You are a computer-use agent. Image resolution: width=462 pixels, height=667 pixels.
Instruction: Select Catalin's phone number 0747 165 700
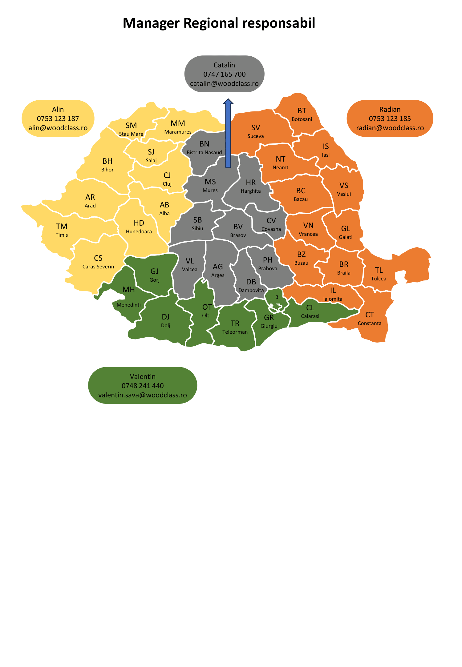pyautogui.click(x=225, y=74)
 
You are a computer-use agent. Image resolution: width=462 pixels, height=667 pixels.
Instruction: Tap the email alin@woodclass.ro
pyautogui.click(x=58, y=128)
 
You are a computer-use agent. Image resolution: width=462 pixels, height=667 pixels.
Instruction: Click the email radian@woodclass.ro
pyautogui.click(x=390, y=128)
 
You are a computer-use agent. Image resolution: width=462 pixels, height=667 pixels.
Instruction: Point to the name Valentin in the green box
pyautogui.click(x=143, y=376)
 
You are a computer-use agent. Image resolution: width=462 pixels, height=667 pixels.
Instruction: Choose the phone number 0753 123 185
pyautogui.click(x=390, y=119)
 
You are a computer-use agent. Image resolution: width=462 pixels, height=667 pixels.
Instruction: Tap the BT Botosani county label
pyautogui.click(x=302, y=114)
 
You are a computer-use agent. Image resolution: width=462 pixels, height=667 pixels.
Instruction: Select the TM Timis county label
pyautogui.click(x=62, y=230)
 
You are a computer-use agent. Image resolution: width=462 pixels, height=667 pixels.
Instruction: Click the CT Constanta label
pyautogui.click(x=370, y=318)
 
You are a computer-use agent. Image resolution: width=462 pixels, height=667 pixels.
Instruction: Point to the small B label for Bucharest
pyautogui.click(x=277, y=297)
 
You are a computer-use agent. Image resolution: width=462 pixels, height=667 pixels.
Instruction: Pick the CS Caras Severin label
pyautogui.click(x=98, y=262)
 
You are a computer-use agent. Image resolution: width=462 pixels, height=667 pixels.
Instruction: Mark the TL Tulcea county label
pyautogui.click(x=379, y=274)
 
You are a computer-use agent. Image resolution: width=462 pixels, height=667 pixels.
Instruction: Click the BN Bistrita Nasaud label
pyautogui.click(x=204, y=147)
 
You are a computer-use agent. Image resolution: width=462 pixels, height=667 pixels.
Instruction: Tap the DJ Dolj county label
pyautogui.click(x=166, y=320)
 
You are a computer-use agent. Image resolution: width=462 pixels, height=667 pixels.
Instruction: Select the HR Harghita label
pyautogui.click(x=251, y=186)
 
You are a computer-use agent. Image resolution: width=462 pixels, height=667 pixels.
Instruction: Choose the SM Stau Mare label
pyautogui.click(x=131, y=129)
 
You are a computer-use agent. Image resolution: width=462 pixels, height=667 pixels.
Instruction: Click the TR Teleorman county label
pyautogui.click(x=235, y=327)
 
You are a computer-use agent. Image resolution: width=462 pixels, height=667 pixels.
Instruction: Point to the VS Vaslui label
pyautogui.click(x=344, y=189)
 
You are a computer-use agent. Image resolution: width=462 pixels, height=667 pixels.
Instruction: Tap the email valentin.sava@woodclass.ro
pyautogui.click(x=143, y=395)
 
